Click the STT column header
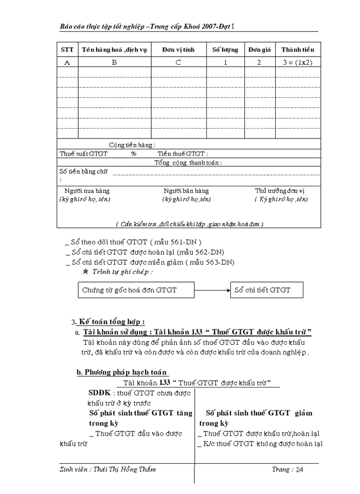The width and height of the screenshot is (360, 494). click(67, 50)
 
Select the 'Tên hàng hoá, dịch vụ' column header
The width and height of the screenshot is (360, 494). click(114, 50)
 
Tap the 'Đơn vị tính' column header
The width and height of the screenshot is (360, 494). click(178, 50)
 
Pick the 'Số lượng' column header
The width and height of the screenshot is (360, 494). click(225, 50)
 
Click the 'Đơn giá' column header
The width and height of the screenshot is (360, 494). click(259, 50)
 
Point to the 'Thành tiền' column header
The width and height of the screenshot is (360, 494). click(297, 50)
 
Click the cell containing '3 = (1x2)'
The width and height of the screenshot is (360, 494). click(297, 62)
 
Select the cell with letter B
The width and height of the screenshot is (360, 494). click(114, 62)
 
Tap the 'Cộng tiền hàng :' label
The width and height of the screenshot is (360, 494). click(132, 145)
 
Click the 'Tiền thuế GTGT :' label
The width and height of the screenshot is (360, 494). click(183, 154)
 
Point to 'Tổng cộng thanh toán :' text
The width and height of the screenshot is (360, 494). click(188, 163)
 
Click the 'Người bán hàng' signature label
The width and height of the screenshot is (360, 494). click(186, 191)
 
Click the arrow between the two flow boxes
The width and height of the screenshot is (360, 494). click(212, 290)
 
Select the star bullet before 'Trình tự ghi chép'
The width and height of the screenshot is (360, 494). click(85, 271)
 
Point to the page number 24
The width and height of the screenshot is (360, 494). click(300, 469)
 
